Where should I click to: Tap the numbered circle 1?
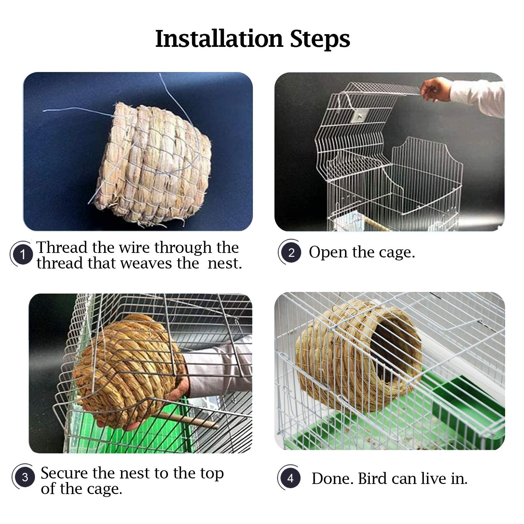coord(22,254)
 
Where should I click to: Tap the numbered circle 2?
coord(291,253)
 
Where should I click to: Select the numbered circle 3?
coord(25,477)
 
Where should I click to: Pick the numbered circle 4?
coord(290,478)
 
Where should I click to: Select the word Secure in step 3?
coord(64,473)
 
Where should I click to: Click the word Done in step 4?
coord(332,479)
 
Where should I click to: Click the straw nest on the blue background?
coord(153,163)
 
